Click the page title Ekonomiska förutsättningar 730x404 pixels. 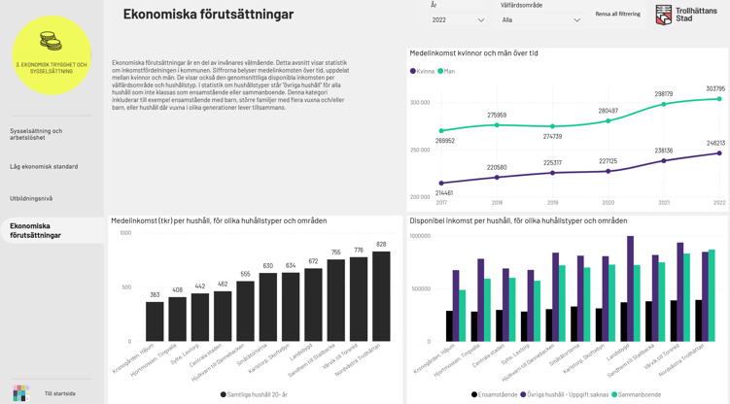pyautogui.click(x=208, y=15)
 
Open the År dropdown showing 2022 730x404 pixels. pyautogui.click(x=458, y=19)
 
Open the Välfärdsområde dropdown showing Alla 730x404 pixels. pyautogui.click(x=540, y=19)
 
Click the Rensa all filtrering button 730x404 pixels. pyautogui.click(x=617, y=15)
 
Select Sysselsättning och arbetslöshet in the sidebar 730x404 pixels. pyautogui.click(x=36, y=134)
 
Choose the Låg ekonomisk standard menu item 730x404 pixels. pyautogui.click(x=44, y=167)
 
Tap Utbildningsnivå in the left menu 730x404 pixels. pyautogui.click(x=31, y=198)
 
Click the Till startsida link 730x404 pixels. pyautogui.click(x=59, y=393)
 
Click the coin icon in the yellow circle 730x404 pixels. pyautogui.click(x=51, y=42)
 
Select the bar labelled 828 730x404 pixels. pyautogui.click(x=381, y=296)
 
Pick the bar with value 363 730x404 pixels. pyautogui.click(x=155, y=321)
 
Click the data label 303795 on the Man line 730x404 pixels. pyautogui.click(x=714, y=88)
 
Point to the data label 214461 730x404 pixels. pyautogui.click(x=443, y=192)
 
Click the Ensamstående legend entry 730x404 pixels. pyautogui.click(x=495, y=394)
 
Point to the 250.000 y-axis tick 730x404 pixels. pyautogui.click(x=419, y=150)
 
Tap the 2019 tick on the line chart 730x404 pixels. pyautogui.click(x=552, y=203)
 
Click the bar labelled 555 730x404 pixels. pyautogui.click(x=245, y=311)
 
